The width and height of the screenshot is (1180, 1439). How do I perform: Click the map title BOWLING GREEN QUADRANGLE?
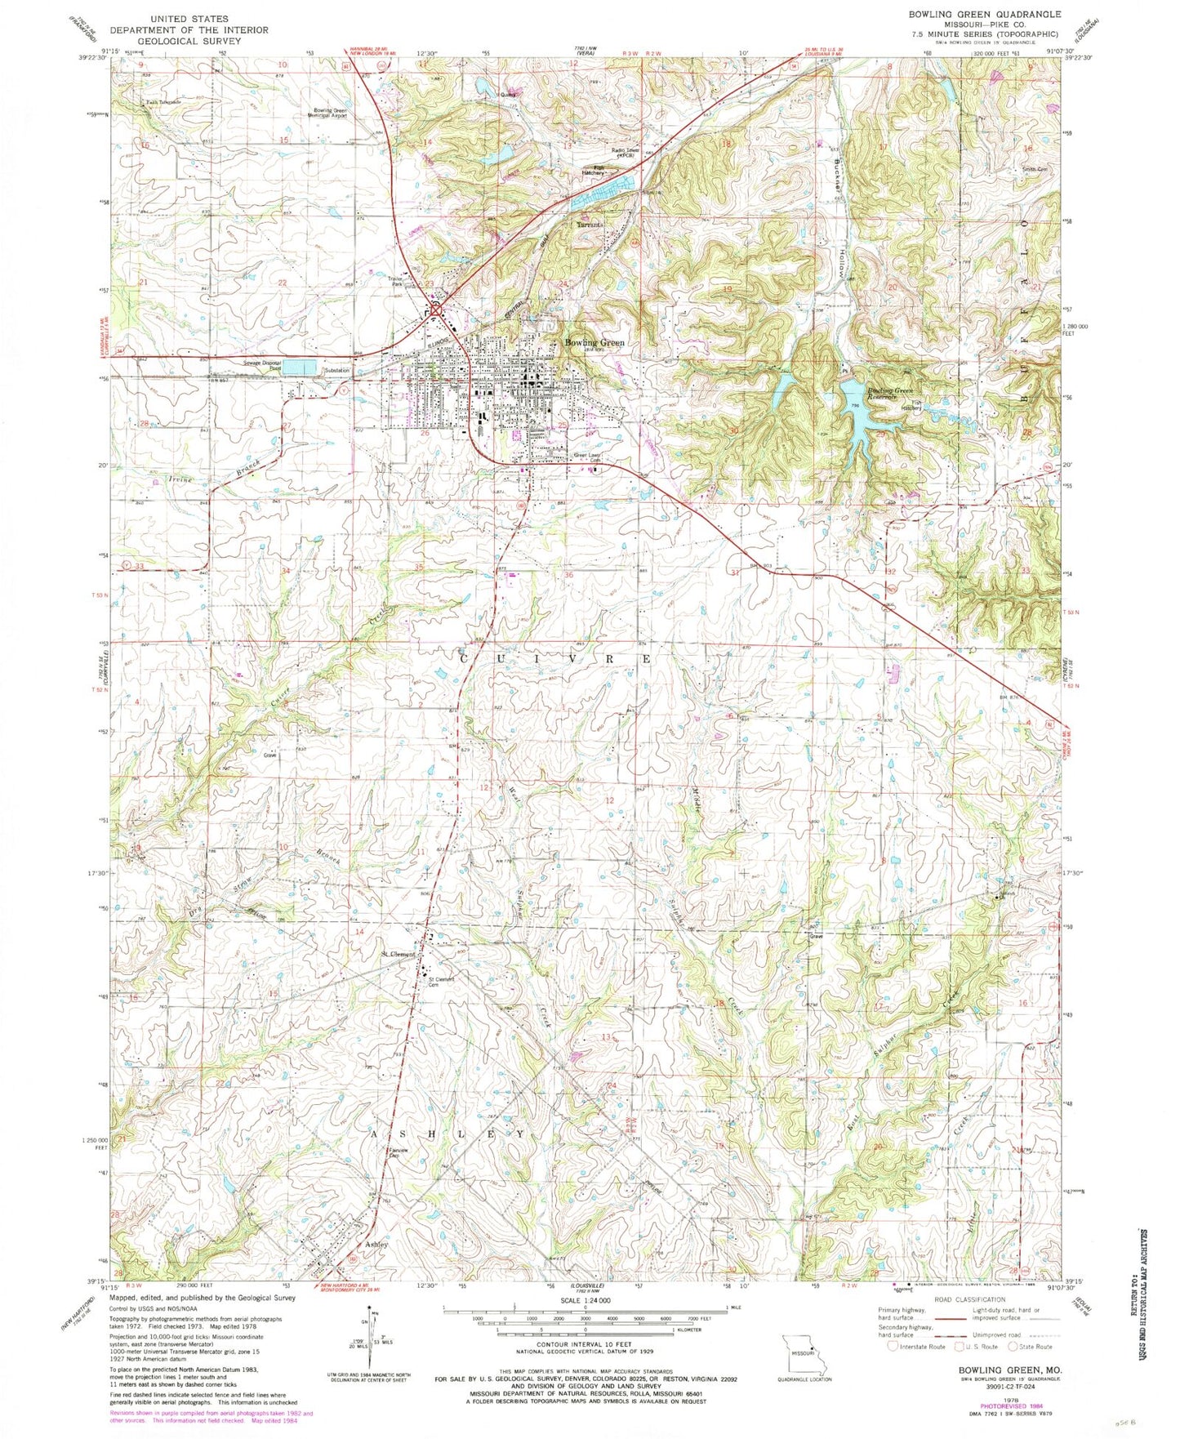pos(973,14)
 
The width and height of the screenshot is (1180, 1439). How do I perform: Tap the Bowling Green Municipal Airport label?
pos(331,114)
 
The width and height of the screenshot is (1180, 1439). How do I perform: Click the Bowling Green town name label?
pos(594,342)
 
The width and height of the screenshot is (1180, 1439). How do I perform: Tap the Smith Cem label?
pos(1034,170)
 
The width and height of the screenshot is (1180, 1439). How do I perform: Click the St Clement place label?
pos(399,954)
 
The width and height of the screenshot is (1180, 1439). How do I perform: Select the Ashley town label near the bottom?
pos(376,1244)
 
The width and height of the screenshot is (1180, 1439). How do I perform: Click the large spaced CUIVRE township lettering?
pos(555,658)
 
